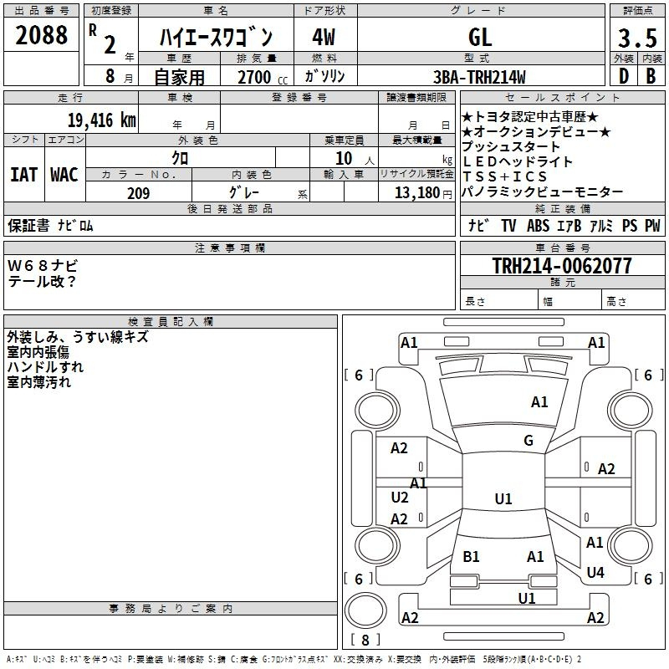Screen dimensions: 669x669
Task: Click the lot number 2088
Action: point(42,36)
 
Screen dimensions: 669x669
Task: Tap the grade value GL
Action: point(480,37)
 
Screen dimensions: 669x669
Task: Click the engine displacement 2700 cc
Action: point(259,77)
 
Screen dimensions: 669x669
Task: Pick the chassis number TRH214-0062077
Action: point(562,266)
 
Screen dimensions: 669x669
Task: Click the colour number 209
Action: point(138,193)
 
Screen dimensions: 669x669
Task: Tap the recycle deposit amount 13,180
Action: point(416,193)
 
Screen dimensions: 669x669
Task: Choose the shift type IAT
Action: point(23,175)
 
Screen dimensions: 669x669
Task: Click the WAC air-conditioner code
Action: point(64,175)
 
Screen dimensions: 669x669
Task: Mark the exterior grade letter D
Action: point(623,77)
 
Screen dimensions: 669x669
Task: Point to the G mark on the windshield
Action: point(529,441)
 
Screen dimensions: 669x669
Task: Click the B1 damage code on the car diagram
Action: point(472,556)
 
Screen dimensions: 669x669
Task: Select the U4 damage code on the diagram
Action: point(595,573)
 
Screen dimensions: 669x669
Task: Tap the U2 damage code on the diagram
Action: point(400,498)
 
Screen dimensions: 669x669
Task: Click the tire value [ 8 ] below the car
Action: point(365,640)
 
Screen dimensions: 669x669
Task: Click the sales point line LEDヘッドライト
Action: point(518,161)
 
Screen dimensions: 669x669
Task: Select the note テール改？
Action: point(43,281)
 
